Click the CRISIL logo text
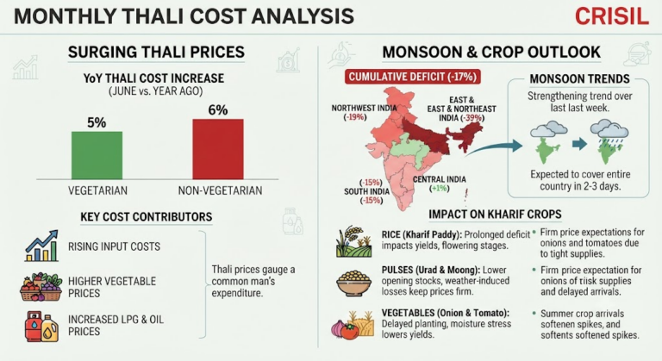point(612,16)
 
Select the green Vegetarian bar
point(97,155)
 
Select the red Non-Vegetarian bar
point(218,149)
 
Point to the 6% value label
point(218,109)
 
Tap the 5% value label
point(97,122)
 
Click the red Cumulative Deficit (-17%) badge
point(413,77)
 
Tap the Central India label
point(440,184)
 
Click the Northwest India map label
point(364,112)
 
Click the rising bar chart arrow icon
point(41,246)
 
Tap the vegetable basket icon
point(41,287)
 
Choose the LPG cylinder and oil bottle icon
point(41,326)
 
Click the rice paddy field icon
point(353,241)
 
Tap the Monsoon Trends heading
point(579,79)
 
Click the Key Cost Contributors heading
point(146,217)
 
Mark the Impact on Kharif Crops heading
point(495,214)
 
